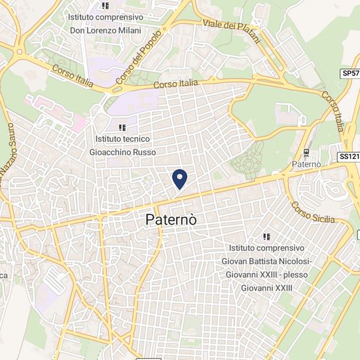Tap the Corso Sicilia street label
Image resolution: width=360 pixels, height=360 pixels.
pos(313,212)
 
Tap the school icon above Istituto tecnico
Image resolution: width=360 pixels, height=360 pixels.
pos(122,127)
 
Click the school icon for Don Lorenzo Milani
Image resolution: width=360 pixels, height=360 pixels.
pos(105,6)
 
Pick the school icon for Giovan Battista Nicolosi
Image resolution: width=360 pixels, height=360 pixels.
pos(266,236)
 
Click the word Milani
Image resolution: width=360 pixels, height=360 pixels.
pos(128,30)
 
